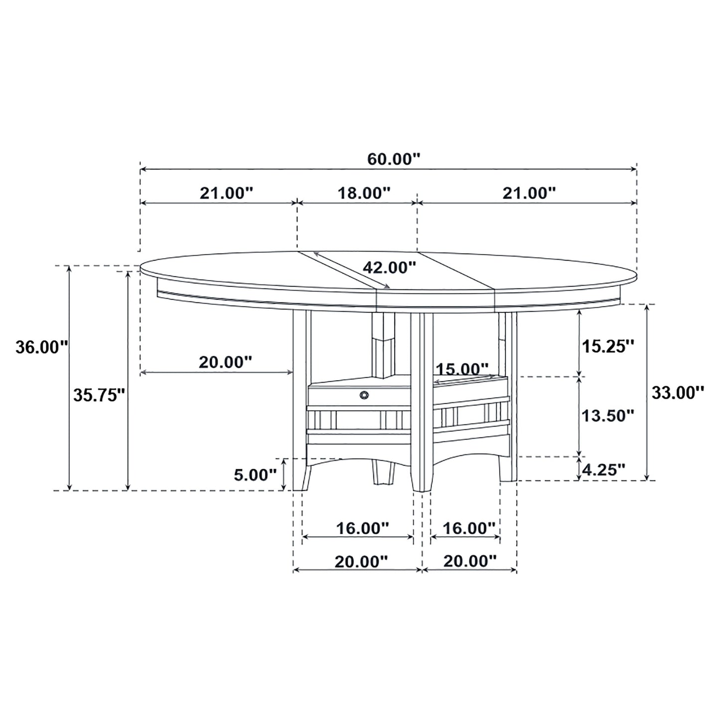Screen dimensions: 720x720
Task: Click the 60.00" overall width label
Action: point(394,159)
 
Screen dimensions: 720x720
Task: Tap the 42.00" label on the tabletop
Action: point(389,268)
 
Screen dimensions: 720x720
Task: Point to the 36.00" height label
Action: point(41,347)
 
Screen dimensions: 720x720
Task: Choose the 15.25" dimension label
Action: point(608,346)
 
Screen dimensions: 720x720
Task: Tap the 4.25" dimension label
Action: point(604,469)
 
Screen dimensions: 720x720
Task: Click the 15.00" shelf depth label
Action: point(462,369)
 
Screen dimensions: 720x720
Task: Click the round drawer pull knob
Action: point(364,395)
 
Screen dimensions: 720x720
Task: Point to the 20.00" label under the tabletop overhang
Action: point(225,362)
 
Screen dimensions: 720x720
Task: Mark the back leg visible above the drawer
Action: point(383,344)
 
